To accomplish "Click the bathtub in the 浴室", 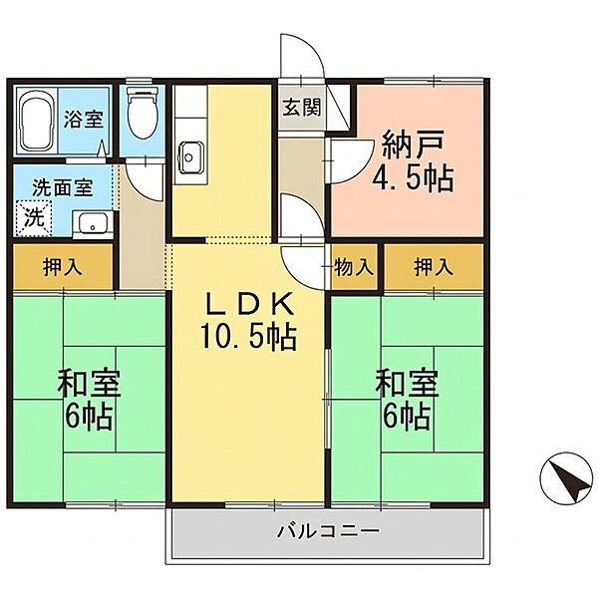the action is click(x=36, y=121).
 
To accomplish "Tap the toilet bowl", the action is click(x=143, y=113).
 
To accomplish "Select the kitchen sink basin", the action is click(x=190, y=156).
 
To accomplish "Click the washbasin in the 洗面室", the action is click(x=93, y=224).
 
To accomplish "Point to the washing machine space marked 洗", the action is click(x=33, y=218).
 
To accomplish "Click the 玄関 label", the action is click(x=301, y=108).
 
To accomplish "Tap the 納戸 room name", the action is click(x=413, y=145).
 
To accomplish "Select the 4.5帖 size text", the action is click(x=413, y=177).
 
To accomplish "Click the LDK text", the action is click(x=249, y=303).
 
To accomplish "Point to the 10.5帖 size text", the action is click(x=248, y=336).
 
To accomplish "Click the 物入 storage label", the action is click(x=354, y=266).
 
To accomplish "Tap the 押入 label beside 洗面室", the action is click(x=63, y=266).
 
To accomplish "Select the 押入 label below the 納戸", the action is click(x=434, y=266).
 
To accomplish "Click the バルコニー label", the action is click(x=328, y=530).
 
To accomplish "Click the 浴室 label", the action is click(x=83, y=118).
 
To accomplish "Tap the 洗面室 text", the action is click(x=62, y=187).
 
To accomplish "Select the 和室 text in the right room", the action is click(x=407, y=383).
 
